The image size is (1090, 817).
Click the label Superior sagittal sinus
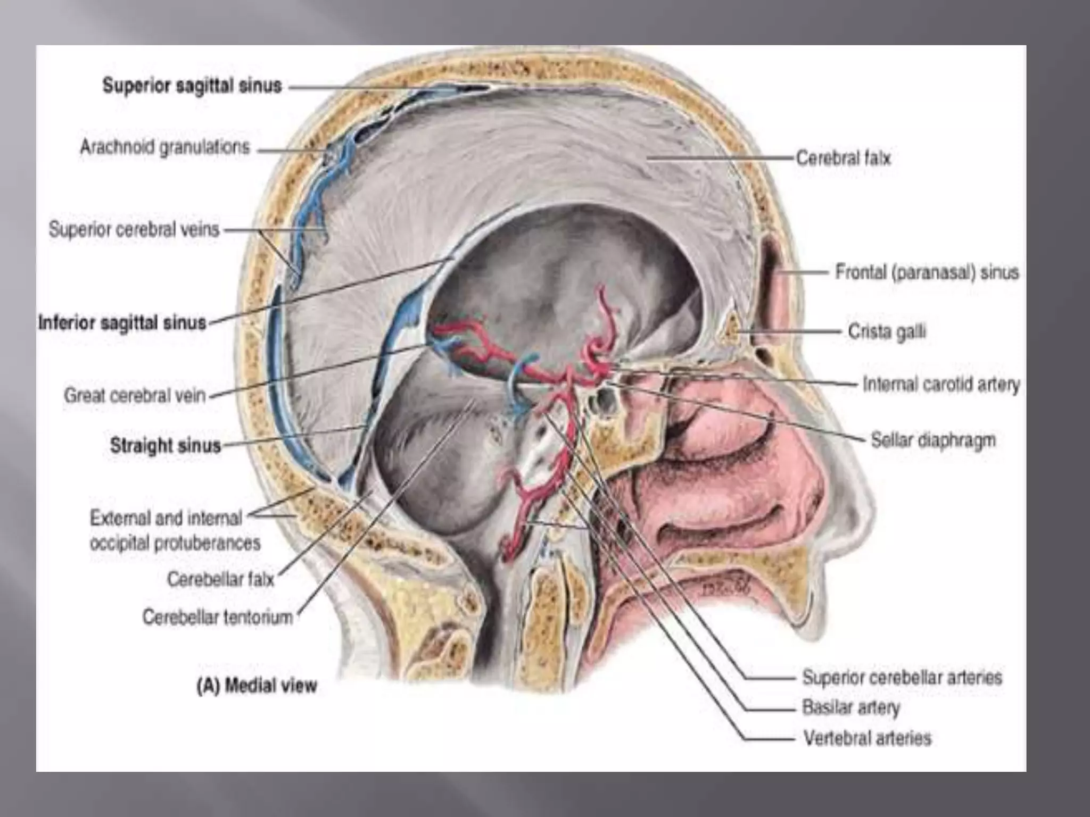(192, 86)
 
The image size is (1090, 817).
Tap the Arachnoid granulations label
(165, 147)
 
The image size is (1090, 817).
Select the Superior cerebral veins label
(134, 230)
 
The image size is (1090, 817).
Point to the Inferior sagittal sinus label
(122, 323)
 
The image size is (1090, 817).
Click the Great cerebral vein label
(135, 396)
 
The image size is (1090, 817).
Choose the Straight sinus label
(165, 445)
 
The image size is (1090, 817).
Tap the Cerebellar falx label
(220, 579)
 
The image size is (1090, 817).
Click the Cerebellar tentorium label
(218, 617)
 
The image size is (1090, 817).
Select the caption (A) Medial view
(257, 686)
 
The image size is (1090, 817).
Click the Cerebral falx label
(843, 158)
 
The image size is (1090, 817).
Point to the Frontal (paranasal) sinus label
(927, 272)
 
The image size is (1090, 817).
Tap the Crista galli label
(887, 331)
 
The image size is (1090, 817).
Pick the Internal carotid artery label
(941, 384)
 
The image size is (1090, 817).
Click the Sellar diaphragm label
(933, 440)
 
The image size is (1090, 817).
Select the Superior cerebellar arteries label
(902, 677)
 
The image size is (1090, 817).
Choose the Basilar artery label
(851, 707)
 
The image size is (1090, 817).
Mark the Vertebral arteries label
(867, 738)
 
